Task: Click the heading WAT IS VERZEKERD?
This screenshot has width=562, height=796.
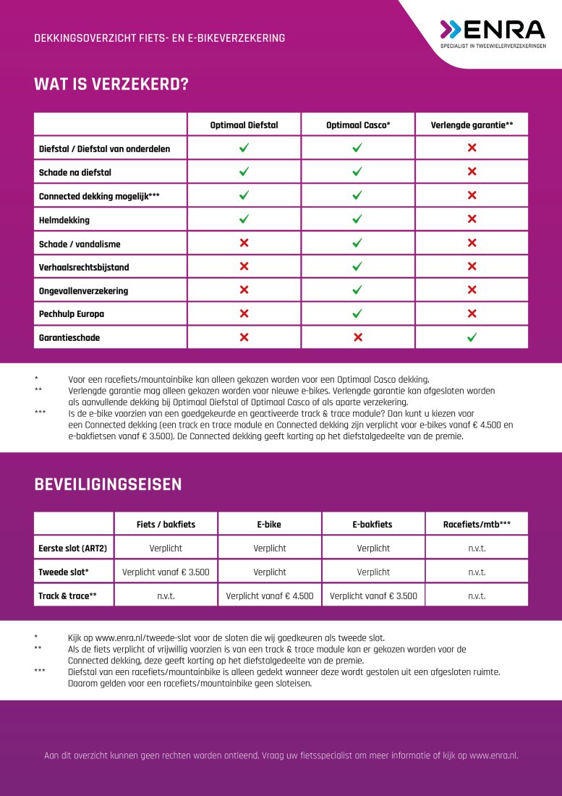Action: (111, 85)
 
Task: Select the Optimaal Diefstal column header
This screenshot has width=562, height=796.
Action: (244, 124)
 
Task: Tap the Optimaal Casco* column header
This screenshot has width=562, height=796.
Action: (358, 124)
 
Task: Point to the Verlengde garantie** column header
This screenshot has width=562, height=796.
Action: (472, 124)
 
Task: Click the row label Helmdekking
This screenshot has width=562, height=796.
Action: (64, 219)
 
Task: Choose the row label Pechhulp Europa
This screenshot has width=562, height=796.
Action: (71, 314)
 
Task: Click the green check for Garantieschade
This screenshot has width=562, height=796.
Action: (472, 337)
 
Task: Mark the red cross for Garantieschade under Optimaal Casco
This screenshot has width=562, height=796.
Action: (357, 337)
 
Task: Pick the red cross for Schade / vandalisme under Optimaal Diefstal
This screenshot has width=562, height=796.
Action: (244, 243)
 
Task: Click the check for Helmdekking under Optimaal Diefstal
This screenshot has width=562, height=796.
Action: (244, 219)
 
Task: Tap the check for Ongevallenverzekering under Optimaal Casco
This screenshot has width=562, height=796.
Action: (357, 290)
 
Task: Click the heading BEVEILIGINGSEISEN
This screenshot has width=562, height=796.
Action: (108, 485)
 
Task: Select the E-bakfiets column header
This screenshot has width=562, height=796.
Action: (373, 524)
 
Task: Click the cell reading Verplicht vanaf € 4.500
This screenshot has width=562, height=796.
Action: (270, 596)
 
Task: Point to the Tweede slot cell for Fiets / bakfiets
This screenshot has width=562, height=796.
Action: (166, 572)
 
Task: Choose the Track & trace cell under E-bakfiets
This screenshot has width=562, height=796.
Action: (373, 596)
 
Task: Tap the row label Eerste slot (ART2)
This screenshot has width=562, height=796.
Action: (72, 548)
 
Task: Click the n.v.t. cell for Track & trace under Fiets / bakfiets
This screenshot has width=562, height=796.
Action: (166, 596)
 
